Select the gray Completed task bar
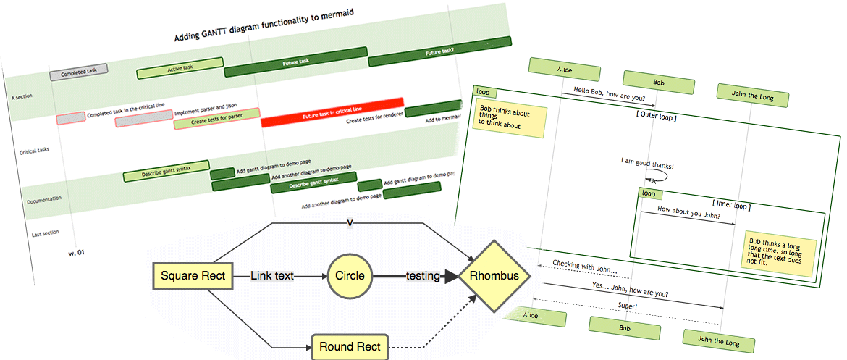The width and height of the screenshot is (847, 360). click(x=78, y=72)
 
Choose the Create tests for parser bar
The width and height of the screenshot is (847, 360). click(x=216, y=119)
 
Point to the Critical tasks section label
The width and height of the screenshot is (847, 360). click(x=34, y=151)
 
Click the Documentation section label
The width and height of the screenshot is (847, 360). click(x=43, y=198)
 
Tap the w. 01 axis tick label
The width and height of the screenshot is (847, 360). click(x=76, y=253)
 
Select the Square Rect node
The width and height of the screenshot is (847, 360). click(x=193, y=276)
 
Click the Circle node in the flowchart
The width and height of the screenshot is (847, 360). click(x=350, y=276)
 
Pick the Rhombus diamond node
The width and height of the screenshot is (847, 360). click(x=494, y=276)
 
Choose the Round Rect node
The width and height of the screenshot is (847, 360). click(x=350, y=346)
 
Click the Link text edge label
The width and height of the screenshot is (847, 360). click(x=272, y=276)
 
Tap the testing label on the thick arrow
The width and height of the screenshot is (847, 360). click(x=423, y=276)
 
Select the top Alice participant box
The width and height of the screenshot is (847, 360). click(x=564, y=70)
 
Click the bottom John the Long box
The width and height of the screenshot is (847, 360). click(x=718, y=340)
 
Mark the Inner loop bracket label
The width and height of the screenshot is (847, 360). click(x=730, y=206)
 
